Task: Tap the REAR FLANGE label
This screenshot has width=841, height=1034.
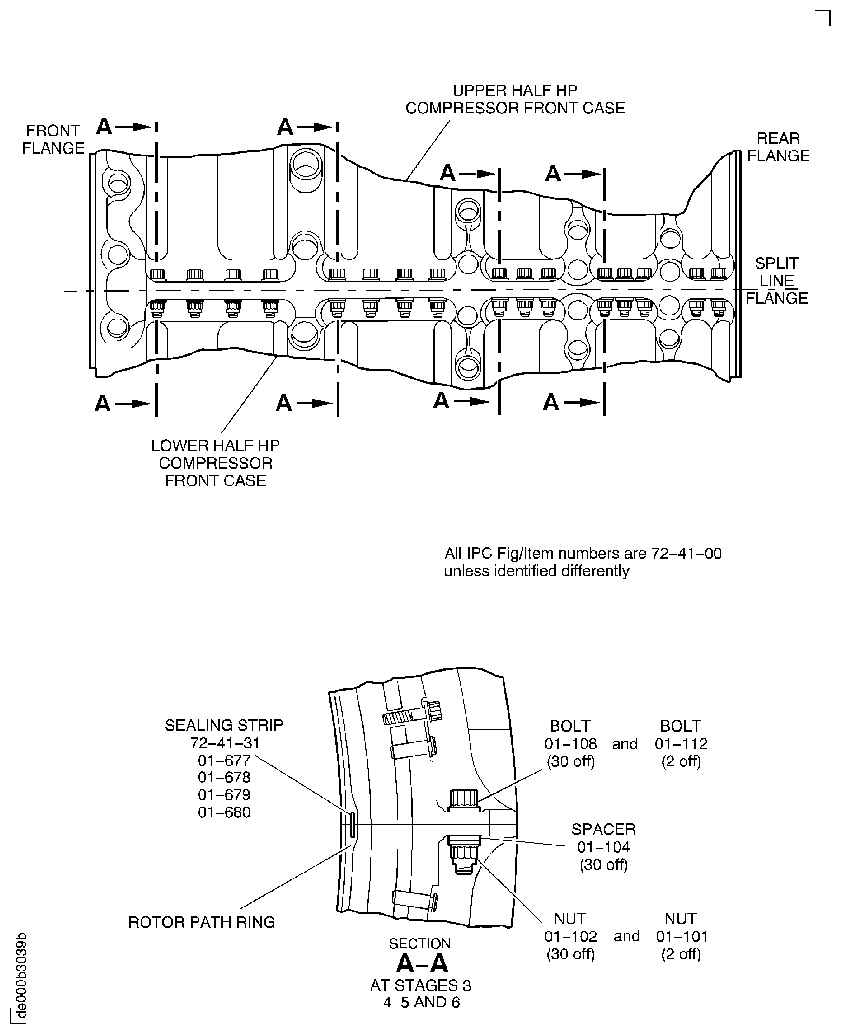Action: point(778,147)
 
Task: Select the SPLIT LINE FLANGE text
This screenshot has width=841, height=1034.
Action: point(777,280)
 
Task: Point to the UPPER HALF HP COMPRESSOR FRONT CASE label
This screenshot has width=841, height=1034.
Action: point(515,99)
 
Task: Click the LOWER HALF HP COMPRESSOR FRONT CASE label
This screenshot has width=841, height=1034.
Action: point(215,463)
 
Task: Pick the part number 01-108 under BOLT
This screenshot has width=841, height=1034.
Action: point(570,743)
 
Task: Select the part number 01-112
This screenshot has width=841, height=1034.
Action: point(681,743)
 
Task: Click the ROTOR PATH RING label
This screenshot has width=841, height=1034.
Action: point(201,922)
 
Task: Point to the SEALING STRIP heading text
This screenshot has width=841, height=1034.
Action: point(224,725)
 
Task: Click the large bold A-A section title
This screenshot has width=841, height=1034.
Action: point(422,964)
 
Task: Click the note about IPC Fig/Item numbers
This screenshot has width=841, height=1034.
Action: point(583,562)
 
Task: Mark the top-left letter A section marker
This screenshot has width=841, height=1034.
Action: point(104,127)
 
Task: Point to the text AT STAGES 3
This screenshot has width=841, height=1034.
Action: point(421,985)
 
